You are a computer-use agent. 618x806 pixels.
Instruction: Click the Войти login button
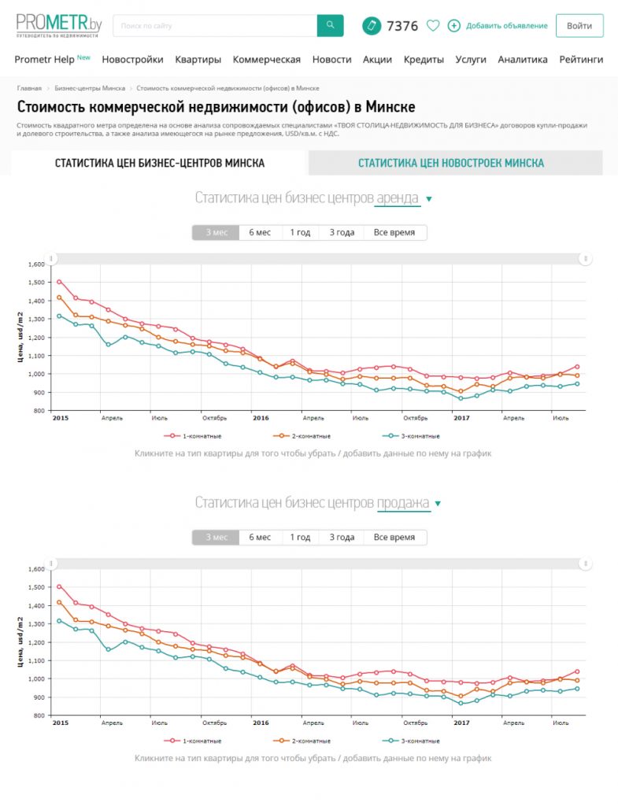(x=579, y=25)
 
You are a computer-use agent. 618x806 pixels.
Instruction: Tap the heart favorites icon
(x=432, y=25)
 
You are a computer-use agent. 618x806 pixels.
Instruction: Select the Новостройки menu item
(x=132, y=59)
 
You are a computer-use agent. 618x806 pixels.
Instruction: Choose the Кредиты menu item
(x=424, y=59)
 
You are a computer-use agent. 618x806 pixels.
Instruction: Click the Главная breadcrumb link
(x=29, y=88)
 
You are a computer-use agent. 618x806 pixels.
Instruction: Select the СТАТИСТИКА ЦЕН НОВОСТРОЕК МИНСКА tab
(x=450, y=163)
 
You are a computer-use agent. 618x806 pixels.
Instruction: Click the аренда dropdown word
(x=398, y=198)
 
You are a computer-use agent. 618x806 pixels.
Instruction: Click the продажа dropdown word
(x=403, y=504)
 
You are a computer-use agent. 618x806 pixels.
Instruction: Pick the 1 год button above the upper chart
(x=300, y=232)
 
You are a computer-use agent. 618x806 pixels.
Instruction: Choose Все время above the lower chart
(x=394, y=537)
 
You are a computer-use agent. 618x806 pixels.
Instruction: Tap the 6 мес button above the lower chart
(x=260, y=537)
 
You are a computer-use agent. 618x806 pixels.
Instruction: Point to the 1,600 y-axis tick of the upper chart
(x=37, y=264)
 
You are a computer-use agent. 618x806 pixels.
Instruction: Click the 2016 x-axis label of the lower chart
(x=261, y=723)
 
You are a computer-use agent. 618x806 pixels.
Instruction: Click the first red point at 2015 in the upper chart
(x=59, y=282)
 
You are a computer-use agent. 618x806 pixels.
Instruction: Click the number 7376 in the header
(x=402, y=26)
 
